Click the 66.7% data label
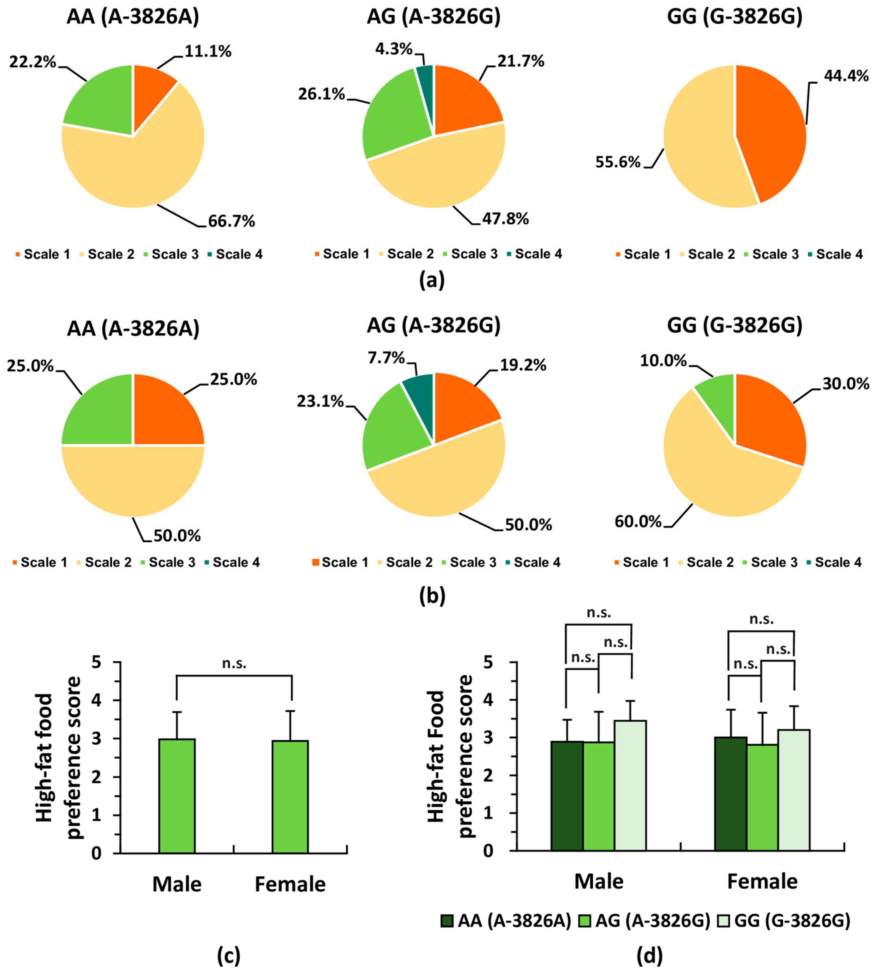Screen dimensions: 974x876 (x=231, y=221)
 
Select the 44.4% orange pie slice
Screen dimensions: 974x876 (x=770, y=130)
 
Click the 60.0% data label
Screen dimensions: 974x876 (x=638, y=521)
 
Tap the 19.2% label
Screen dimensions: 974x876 (x=523, y=365)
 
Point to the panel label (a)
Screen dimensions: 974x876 (x=432, y=280)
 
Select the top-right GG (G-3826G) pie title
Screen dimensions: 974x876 (x=734, y=17)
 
